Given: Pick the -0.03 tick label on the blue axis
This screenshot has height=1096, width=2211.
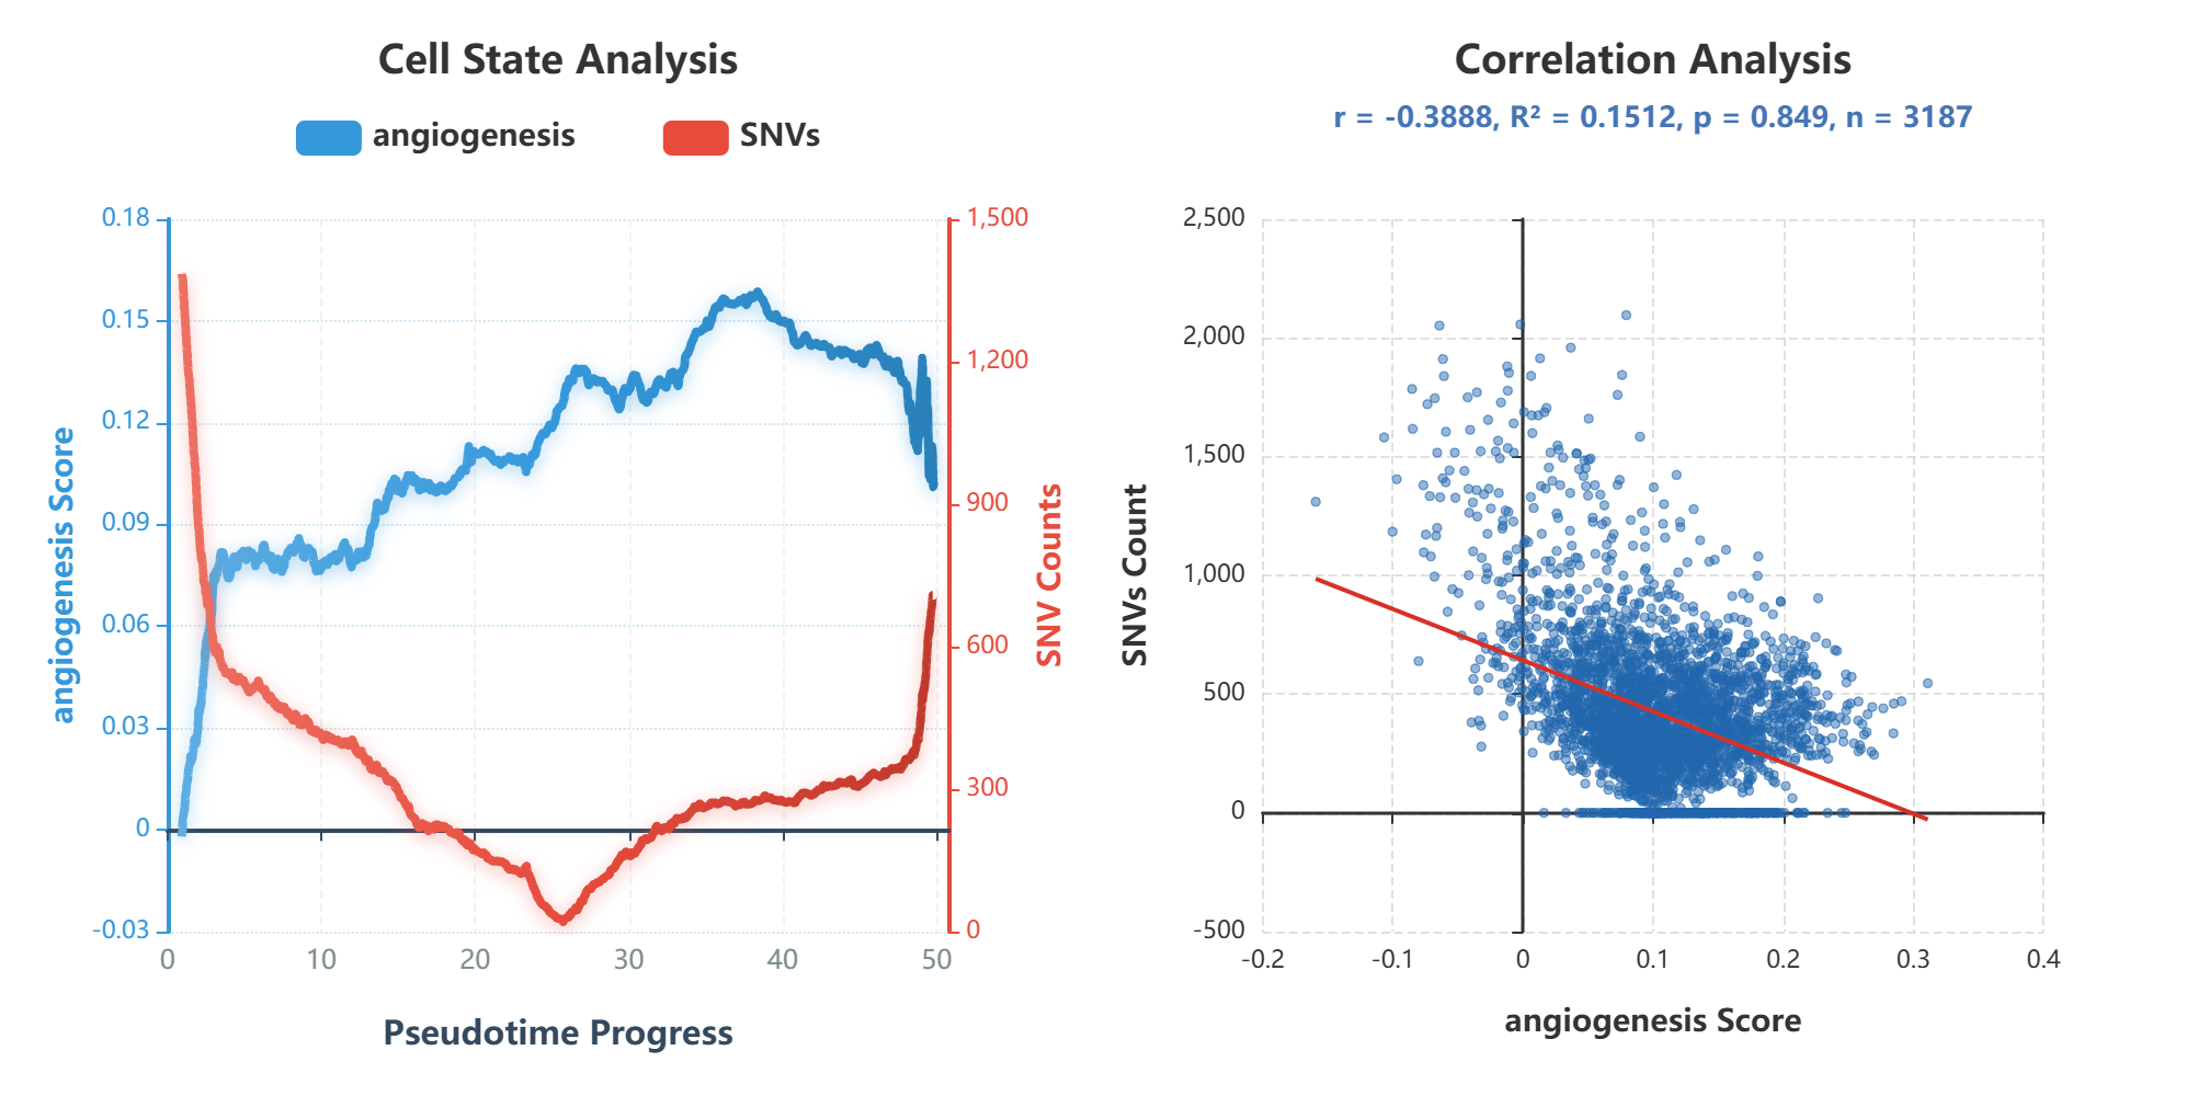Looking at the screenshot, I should [x=121, y=929].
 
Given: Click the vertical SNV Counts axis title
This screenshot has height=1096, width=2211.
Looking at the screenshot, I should [x=1049, y=575].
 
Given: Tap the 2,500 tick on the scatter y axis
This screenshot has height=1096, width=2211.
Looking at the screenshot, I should [x=1213, y=218].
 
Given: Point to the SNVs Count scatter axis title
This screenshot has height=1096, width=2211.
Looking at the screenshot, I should [x=1135, y=575].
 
